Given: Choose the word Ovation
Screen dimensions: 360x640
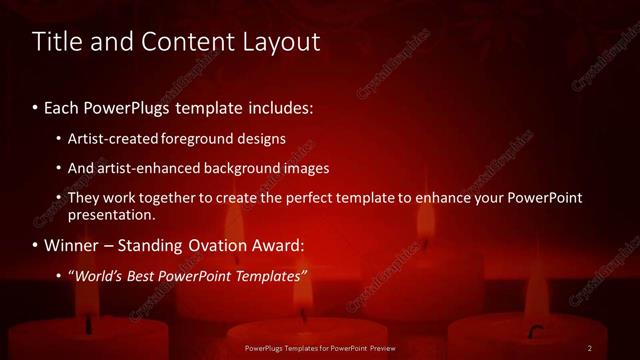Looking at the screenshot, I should [x=217, y=245].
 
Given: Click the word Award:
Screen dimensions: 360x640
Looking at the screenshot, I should [x=277, y=245].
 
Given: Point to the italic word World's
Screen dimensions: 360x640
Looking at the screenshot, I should [x=99, y=275].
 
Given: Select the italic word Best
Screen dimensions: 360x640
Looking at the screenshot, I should [x=148, y=275].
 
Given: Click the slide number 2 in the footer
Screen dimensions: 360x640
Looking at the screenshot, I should [x=590, y=347].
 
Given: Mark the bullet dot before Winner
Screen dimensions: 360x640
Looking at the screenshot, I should [x=36, y=246].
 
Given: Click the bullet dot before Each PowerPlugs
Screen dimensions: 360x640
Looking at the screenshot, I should [x=36, y=107].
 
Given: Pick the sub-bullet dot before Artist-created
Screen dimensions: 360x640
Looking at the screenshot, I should [x=59, y=139].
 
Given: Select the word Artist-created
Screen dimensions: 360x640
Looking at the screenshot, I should [x=112, y=138].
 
